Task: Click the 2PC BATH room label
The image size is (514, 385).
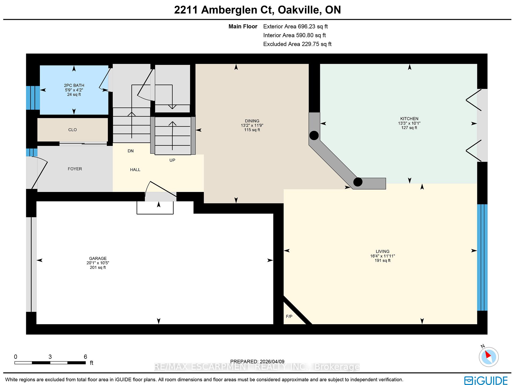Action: click(74, 85)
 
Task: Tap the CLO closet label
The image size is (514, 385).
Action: click(73, 130)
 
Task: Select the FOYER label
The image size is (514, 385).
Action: click(75, 169)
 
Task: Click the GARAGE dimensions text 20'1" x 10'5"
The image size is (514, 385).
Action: click(98, 263)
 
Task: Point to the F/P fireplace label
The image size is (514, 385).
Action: click(289, 316)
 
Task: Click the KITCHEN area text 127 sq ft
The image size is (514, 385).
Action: click(409, 128)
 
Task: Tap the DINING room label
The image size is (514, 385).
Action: click(252, 121)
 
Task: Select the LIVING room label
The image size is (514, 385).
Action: click(382, 251)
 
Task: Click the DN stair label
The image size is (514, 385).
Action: click(131, 151)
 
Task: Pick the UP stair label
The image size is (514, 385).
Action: click(172, 160)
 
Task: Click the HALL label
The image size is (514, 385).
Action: click(135, 170)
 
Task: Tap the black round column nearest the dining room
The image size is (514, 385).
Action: click(314, 135)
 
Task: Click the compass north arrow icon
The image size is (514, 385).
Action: click(489, 357)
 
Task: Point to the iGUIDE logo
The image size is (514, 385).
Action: click(486, 380)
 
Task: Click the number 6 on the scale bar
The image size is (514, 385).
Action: click(85, 357)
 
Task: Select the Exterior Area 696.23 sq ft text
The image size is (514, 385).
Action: click(295, 27)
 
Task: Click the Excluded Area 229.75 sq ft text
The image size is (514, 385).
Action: click(297, 44)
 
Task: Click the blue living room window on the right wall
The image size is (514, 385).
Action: click(482, 257)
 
